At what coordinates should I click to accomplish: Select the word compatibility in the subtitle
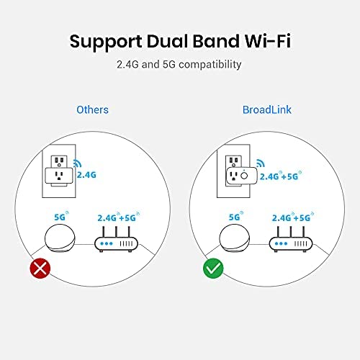(x=210, y=65)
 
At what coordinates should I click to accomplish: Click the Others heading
(x=92, y=110)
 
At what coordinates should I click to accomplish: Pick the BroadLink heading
(x=267, y=110)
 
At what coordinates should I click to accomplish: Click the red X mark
(x=40, y=268)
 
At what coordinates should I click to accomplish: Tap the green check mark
(x=213, y=268)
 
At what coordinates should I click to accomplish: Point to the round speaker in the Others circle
(x=60, y=238)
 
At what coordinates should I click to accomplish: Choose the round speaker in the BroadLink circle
(x=235, y=238)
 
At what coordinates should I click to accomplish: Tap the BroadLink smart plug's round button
(x=244, y=176)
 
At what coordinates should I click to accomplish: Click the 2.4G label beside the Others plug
(x=86, y=175)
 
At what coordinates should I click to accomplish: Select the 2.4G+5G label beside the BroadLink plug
(x=281, y=176)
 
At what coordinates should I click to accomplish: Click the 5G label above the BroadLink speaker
(x=235, y=217)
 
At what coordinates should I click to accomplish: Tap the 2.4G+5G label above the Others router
(x=118, y=217)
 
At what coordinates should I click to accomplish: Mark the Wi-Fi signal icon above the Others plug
(x=77, y=163)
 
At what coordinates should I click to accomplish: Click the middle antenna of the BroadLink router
(x=291, y=232)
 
